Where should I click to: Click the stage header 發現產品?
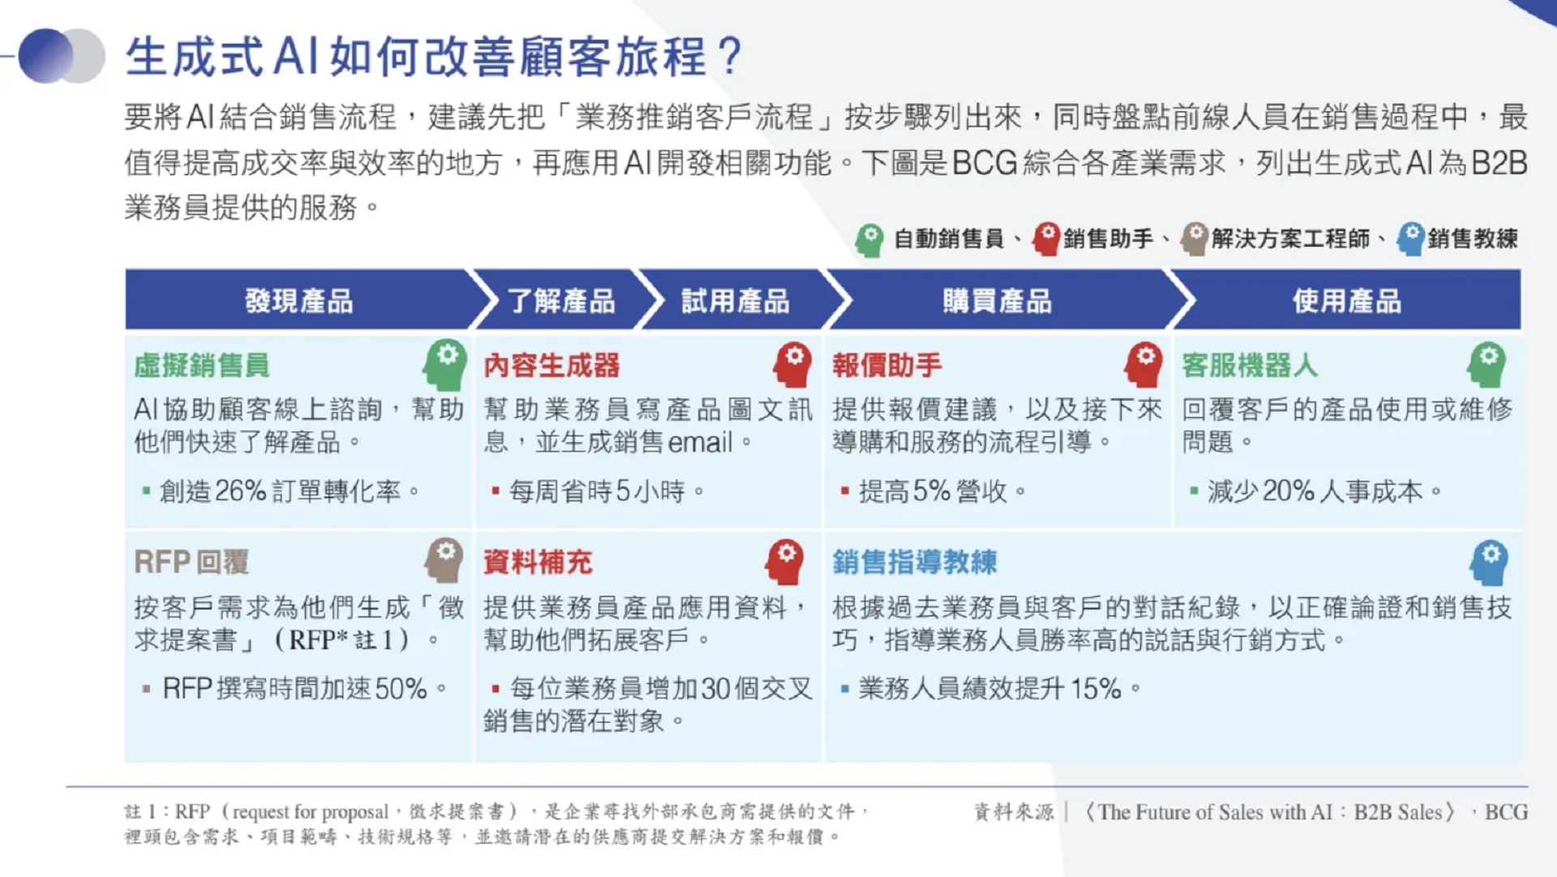click(299, 301)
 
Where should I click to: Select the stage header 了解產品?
click(561, 301)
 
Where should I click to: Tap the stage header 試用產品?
click(735, 301)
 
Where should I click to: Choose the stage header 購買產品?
click(997, 301)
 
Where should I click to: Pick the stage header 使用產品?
click(1347, 301)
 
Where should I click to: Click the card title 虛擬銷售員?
click(202, 365)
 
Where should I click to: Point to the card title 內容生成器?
click(551, 365)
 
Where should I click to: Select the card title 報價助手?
click(887, 365)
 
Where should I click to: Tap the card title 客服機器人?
click(1250, 365)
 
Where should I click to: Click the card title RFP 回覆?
click(191, 561)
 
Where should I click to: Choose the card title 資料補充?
click(538, 561)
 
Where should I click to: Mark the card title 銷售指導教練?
click(914, 561)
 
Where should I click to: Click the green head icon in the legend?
click(870, 239)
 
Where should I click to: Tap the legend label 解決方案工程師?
click(1290, 239)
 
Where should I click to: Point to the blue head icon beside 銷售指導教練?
click(1490, 561)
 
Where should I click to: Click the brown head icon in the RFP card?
click(444, 559)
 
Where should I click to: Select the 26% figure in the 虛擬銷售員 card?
click(241, 491)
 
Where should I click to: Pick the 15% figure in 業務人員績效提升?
click(1096, 689)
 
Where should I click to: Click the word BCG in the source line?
click(1506, 812)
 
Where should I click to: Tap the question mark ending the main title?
click(730, 56)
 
